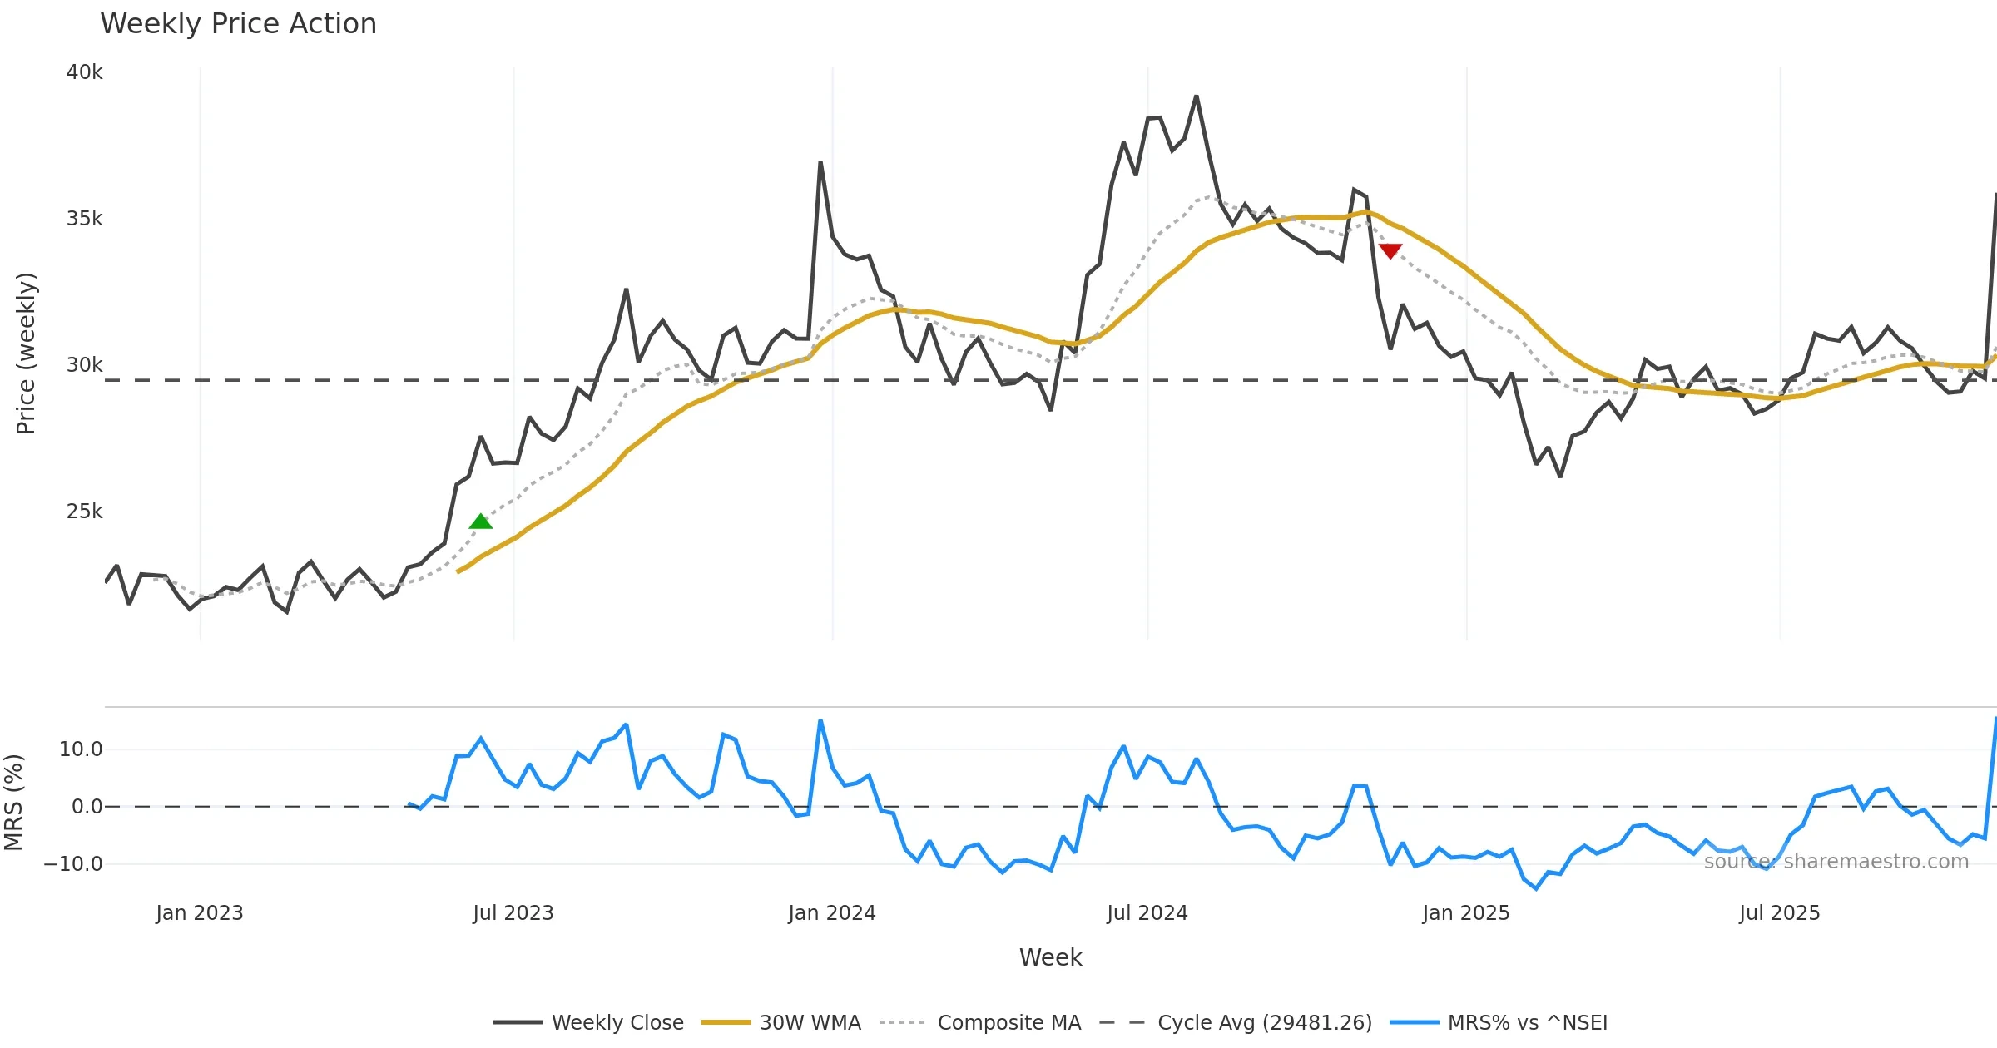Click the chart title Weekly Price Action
pos(238,24)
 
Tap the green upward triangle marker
pos(481,522)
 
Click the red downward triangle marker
pos(1390,250)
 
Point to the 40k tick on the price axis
pos(84,72)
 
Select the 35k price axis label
pos(84,219)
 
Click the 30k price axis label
pos(84,365)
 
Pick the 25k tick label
pos(84,512)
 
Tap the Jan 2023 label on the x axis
pos(200,913)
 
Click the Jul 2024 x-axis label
pos(1147,913)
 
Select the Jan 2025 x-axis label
pos(1466,913)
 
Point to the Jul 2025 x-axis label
pos(1780,913)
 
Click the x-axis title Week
pos(1051,958)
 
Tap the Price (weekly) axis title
pos(26,353)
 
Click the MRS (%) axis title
pos(13,803)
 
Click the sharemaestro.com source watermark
pos(1836,862)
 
